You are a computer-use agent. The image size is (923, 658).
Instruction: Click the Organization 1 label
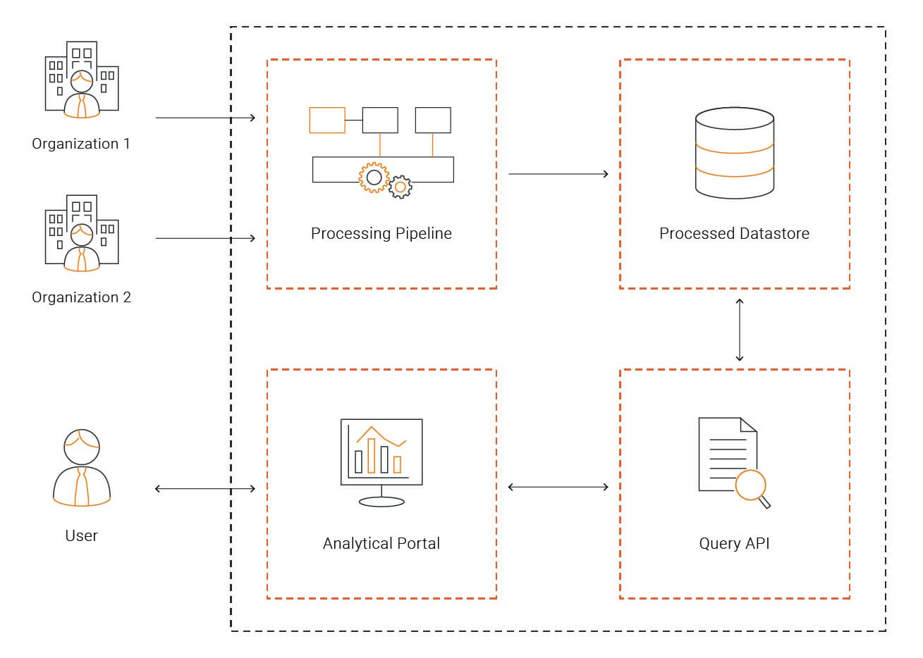click(x=81, y=144)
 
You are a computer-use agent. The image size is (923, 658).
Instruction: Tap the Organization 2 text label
click(x=81, y=297)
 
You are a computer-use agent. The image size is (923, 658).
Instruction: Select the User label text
click(x=82, y=535)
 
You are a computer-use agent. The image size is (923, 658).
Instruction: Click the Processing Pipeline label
click(x=381, y=233)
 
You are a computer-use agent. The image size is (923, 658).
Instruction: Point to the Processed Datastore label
click(x=734, y=233)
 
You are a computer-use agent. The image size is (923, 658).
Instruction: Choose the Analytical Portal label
click(x=381, y=544)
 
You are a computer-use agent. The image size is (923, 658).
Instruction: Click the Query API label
click(x=734, y=544)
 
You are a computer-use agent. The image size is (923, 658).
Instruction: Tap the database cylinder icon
click(x=735, y=153)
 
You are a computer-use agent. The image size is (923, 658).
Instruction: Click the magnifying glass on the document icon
click(x=753, y=489)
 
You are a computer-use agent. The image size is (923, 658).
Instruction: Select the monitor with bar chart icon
click(x=381, y=462)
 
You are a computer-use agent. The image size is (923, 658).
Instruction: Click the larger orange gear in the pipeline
click(x=374, y=178)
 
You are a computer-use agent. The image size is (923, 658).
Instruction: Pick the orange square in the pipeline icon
click(x=327, y=120)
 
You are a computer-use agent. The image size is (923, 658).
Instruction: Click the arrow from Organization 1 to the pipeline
click(x=205, y=118)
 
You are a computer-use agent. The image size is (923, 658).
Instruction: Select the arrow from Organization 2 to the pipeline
click(x=205, y=238)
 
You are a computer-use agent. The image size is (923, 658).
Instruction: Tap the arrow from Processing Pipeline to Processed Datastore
click(x=558, y=174)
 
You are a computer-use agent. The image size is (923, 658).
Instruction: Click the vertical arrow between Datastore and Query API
click(x=740, y=330)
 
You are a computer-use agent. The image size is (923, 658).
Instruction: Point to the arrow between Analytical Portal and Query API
click(x=558, y=487)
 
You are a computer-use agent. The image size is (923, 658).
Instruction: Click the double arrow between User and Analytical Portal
click(x=205, y=489)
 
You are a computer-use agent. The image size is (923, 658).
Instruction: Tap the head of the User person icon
click(x=82, y=447)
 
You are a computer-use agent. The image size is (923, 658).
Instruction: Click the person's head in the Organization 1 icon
click(x=82, y=81)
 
